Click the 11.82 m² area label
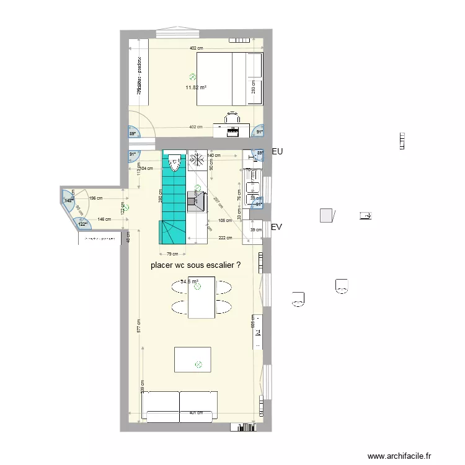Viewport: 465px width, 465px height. pyautogui.click(x=196, y=87)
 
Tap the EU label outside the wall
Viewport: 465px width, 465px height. pyautogui.click(x=277, y=151)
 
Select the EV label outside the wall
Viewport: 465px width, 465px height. pyautogui.click(x=277, y=228)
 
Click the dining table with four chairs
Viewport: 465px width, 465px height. pyautogui.click(x=201, y=297)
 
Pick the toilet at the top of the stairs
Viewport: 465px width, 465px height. pyautogui.click(x=174, y=161)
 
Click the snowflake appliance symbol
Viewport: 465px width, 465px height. pyautogui.click(x=197, y=159)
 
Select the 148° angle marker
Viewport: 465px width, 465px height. pyautogui.click(x=67, y=200)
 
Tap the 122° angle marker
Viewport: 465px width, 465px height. pyautogui.click(x=82, y=224)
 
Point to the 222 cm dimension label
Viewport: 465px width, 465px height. pyautogui.click(x=224, y=237)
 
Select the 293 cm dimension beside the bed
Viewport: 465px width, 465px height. pyautogui.click(x=253, y=87)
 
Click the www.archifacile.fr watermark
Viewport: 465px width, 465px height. pyautogui.click(x=399, y=456)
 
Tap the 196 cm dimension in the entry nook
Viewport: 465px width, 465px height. pyautogui.click(x=96, y=198)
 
